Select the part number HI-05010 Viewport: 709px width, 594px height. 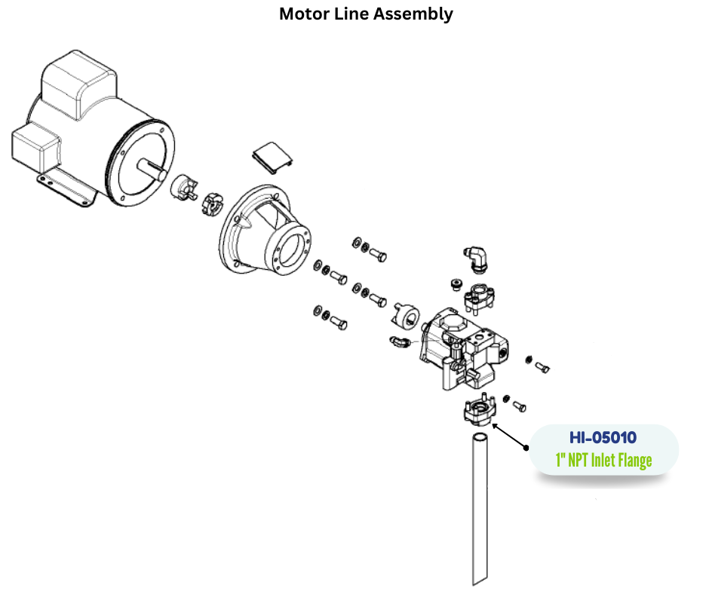click(x=603, y=437)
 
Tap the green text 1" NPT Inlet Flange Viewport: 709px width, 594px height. click(x=603, y=459)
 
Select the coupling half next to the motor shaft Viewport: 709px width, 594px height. click(x=183, y=185)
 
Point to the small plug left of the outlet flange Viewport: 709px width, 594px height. click(x=454, y=283)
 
